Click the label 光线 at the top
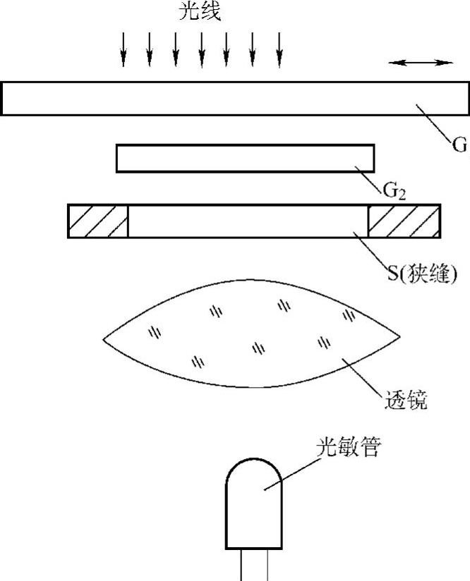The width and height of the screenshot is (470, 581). [x=200, y=12]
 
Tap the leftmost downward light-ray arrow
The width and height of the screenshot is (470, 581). [x=123, y=49]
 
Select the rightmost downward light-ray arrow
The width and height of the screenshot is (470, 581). [x=279, y=49]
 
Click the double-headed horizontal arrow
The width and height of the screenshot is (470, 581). [x=421, y=63]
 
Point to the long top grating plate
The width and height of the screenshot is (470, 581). [x=212, y=98]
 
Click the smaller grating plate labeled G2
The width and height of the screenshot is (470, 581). [x=245, y=158]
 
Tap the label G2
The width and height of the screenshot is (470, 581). [x=393, y=190]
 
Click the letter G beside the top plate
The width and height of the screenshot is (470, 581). [x=460, y=146]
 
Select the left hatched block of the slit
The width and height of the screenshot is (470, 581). [x=98, y=221]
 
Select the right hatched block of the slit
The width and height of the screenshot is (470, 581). [x=404, y=221]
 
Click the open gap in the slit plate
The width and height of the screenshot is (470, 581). [x=247, y=221]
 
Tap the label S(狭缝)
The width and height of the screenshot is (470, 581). [x=421, y=273]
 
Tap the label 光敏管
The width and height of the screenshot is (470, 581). [x=349, y=447]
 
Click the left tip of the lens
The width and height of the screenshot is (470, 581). [x=105, y=339]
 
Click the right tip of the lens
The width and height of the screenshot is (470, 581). [x=399, y=339]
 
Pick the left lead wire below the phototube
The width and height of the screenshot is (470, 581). [x=242, y=565]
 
